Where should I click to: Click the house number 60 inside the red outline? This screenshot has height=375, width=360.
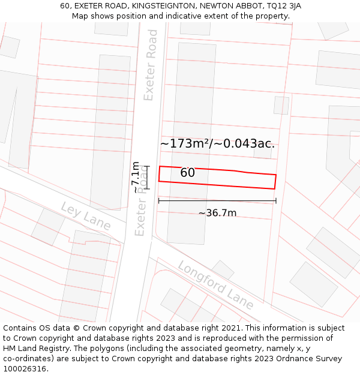click(187, 173)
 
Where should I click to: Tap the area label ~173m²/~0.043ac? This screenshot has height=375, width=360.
click(217, 144)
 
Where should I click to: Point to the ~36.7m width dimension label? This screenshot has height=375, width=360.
click(217, 213)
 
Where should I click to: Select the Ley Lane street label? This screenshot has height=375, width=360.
click(86, 215)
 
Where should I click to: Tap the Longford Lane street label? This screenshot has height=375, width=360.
click(215, 285)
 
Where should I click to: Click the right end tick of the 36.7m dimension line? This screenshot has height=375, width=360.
click(276, 200)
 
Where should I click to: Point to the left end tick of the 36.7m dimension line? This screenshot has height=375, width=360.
click(158, 200)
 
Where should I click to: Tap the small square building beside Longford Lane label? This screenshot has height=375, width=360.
click(223, 269)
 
